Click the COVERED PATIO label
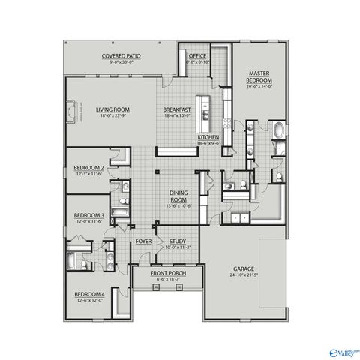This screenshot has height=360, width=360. pyautogui.click(x=121, y=55)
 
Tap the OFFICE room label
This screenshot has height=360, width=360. pyautogui.click(x=198, y=55)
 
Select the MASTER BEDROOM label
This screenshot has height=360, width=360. pyautogui.click(x=259, y=76)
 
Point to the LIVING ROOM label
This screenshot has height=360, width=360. pyautogui.click(x=112, y=110)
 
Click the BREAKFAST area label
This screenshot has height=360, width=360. pyautogui.click(x=178, y=110)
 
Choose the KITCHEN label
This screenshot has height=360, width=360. pyautogui.click(x=208, y=138)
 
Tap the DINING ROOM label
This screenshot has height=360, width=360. pyautogui.click(x=178, y=197)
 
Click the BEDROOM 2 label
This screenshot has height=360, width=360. pyautogui.click(x=88, y=168)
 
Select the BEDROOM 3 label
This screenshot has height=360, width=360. pyautogui.click(x=88, y=216)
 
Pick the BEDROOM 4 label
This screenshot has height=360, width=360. pyautogui.click(x=88, y=295)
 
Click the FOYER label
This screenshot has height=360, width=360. pyautogui.click(x=143, y=241)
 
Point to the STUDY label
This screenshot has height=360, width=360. pyautogui.click(x=178, y=241)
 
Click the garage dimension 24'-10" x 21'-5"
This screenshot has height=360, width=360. pyautogui.click(x=243, y=274)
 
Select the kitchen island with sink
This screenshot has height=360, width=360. pyautogui.click(x=202, y=110)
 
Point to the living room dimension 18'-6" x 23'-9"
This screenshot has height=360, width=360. pyautogui.click(x=112, y=116)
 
